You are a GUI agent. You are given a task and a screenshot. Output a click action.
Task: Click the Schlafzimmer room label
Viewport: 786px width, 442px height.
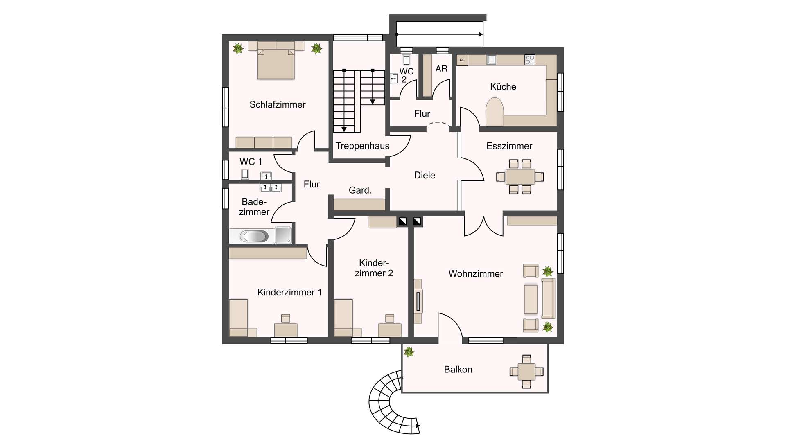point(278,105)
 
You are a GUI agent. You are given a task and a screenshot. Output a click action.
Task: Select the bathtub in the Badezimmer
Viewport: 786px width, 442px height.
point(254,236)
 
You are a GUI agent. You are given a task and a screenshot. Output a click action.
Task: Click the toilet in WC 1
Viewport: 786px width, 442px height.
point(245,174)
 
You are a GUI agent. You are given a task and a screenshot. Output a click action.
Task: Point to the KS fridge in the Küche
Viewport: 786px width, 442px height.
point(462,60)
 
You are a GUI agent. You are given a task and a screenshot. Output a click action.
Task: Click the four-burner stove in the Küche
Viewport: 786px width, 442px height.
point(530,60)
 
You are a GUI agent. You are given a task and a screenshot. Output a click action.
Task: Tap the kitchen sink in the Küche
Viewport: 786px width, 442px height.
point(491,60)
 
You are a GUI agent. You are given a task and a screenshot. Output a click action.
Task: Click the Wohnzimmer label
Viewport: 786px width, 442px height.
point(476,274)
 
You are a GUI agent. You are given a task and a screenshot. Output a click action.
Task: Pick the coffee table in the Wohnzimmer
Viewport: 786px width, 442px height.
point(531,299)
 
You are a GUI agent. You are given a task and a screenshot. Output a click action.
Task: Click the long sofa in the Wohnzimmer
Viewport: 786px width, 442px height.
point(548,298)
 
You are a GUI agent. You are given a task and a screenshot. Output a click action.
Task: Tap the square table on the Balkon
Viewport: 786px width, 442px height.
point(526,372)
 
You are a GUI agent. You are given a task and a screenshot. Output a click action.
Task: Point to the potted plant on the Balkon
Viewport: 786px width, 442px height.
point(409,352)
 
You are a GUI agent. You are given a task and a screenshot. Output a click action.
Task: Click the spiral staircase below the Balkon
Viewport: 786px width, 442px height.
point(389,403)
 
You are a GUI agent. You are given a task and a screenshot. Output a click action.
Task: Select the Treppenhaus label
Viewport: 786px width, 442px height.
point(363,146)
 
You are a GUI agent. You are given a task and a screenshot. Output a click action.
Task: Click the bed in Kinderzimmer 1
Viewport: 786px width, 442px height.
point(239,318)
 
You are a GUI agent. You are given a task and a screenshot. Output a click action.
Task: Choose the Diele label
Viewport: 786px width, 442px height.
point(425,176)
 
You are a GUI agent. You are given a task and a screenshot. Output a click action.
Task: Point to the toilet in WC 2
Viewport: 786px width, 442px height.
point(407,60)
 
